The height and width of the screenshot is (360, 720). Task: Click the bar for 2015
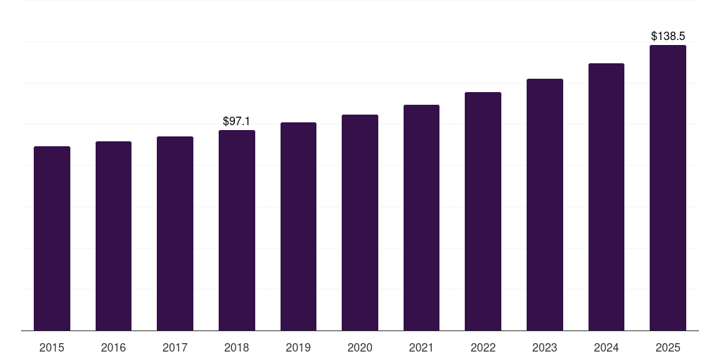(52, 238)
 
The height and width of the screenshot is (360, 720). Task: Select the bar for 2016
(113, 236)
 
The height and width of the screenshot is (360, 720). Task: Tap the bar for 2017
(175, 233)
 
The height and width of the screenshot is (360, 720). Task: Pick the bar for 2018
(237, 230)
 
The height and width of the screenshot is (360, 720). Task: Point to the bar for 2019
(298, 226)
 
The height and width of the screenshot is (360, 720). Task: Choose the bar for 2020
(360, 222)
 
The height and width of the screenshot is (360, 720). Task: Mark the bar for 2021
(421, 217)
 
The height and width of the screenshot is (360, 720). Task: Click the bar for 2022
(483, 211)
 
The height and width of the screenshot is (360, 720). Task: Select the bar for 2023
(545, 205)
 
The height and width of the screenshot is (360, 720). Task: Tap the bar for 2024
(606, 197)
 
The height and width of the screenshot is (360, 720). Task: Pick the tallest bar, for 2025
(668, 188)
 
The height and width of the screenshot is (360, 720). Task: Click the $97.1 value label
(236, 122)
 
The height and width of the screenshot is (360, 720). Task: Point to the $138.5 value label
(668, 36)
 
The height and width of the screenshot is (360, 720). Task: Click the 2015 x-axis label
(52, 347)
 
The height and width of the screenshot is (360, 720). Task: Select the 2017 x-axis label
(175, 347)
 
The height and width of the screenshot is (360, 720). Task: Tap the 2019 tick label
(298, 347)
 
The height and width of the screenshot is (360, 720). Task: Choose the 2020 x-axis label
(360, 347)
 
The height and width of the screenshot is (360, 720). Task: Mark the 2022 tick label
(483, 347)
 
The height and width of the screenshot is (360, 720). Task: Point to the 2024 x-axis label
(606, 347)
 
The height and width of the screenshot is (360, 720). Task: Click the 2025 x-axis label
(668, 347)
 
